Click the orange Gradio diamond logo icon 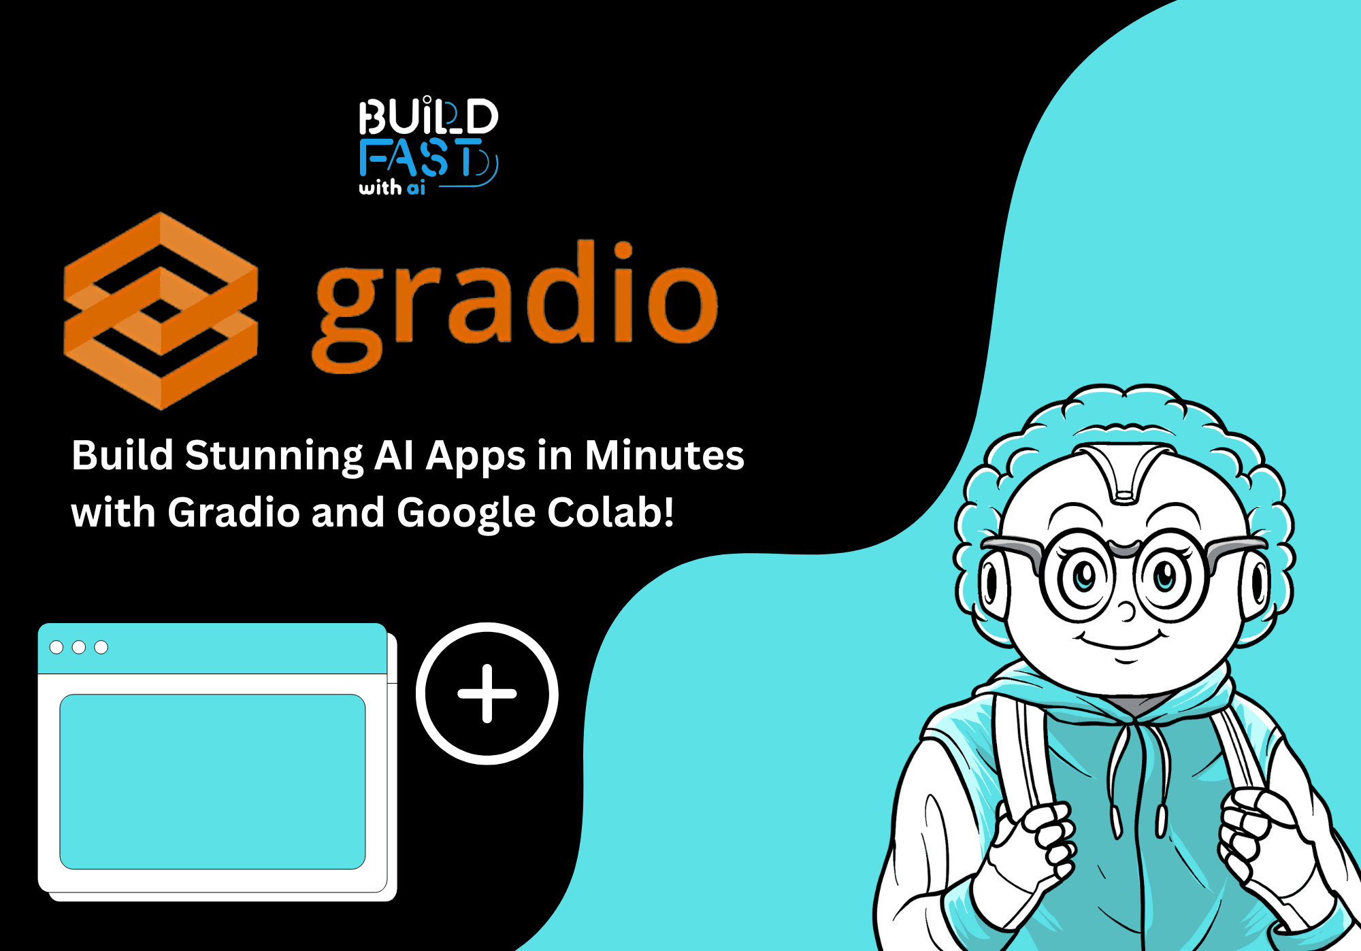tap(161, 310)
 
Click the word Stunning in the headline tap(274, 456)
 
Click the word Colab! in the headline tap(610, 512)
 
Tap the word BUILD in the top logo tap(429, 116)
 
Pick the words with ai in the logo tap(392, 187)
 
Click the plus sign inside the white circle tap(487, 693)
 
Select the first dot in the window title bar tap(57, 647)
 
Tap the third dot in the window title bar tap(101, 647)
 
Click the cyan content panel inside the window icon tap(212, 781)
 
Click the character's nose tap(1127, 611)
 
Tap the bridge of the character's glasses tap(1124, 548)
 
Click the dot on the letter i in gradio tap(623, 251)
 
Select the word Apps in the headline tap(475, 456)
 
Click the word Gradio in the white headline tap(233, 512)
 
